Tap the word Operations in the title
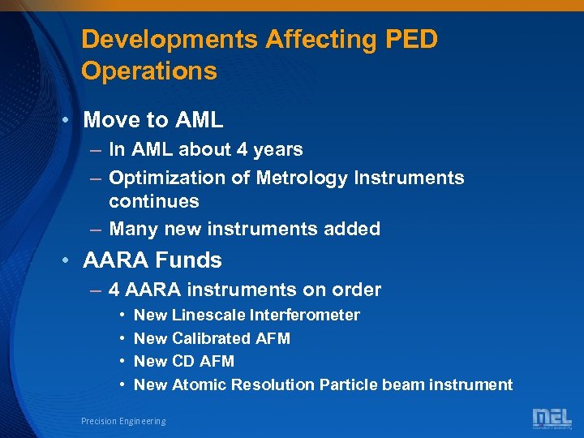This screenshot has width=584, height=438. (x=149, y=71)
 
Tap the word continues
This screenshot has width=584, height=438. (x=153, y=200)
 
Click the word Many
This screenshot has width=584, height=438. (x=133, y=229)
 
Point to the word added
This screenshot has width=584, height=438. (x=353, y=229)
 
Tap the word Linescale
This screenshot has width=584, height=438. (x=209, y=315)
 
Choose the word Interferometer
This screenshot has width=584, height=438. (x=305, y=315)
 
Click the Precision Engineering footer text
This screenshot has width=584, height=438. (x=123, y=421)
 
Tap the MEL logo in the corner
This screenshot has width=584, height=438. (x=551, y=419)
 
